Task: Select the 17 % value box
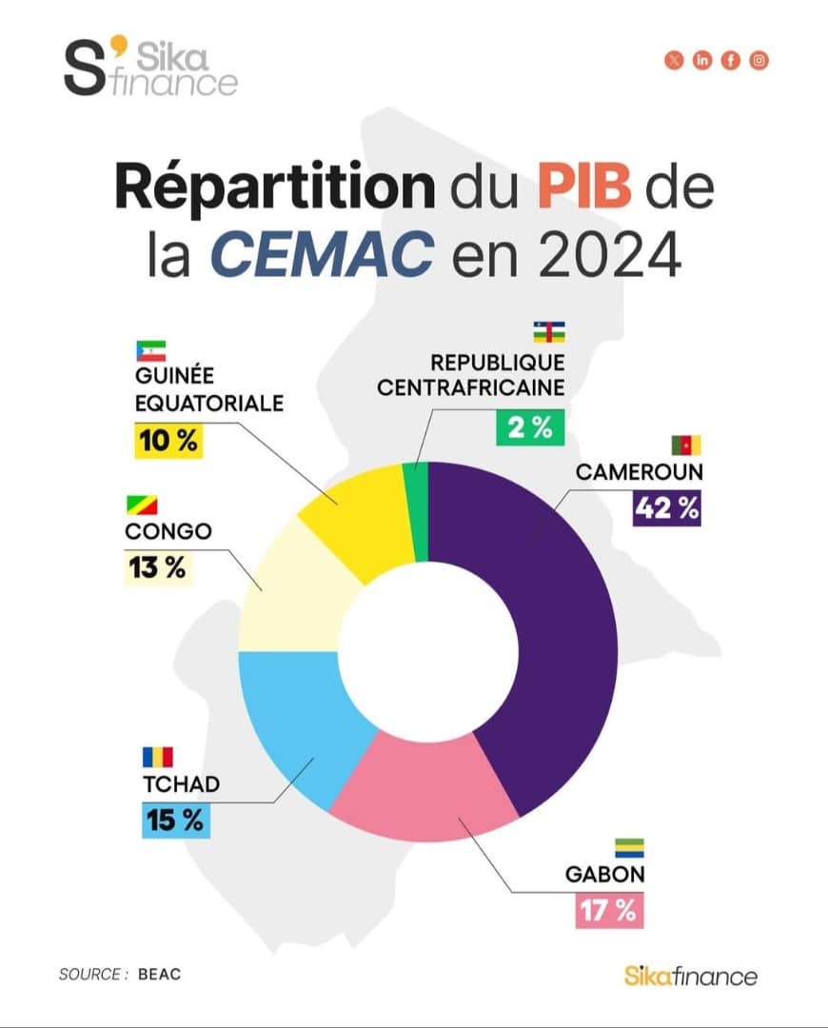click(x=609, y=910)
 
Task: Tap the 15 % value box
click(x=176, y=820)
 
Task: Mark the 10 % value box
click(x=168, y=442)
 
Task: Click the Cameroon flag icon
click(x=685, y=445)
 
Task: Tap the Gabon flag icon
click(x=628, y=848)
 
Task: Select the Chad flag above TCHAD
click(x=158, y=757)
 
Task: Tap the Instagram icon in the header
click(x=759, y=61)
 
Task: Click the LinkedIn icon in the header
click(x=702, y=61)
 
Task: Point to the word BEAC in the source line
click(x=159, y=974)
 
